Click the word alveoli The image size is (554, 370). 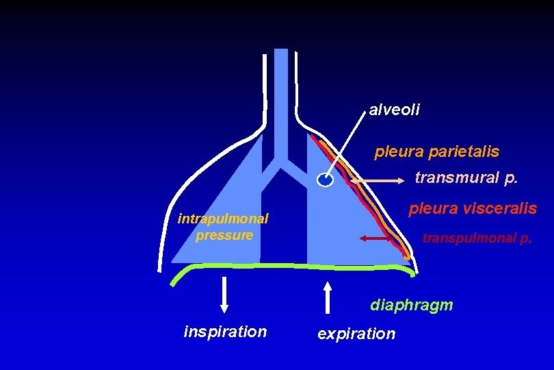click(x=395, y=110)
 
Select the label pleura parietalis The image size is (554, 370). click(x=436, y=151)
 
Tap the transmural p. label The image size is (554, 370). click(x=466, y=178)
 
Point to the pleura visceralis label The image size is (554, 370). click(x=473, y=208)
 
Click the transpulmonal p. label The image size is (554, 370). click(x=477, y=238)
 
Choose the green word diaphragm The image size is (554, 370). click(x=412, y=305)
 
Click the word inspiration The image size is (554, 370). click(x=225, y=332)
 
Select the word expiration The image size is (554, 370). click(x=356, y=334)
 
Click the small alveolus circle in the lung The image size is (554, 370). click(x=326, y=180)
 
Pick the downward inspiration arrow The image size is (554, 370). click(x=224, y=295)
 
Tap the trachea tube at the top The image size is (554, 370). click(x=280, y=89)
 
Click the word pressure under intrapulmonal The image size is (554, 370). click(x=224, y=235)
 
